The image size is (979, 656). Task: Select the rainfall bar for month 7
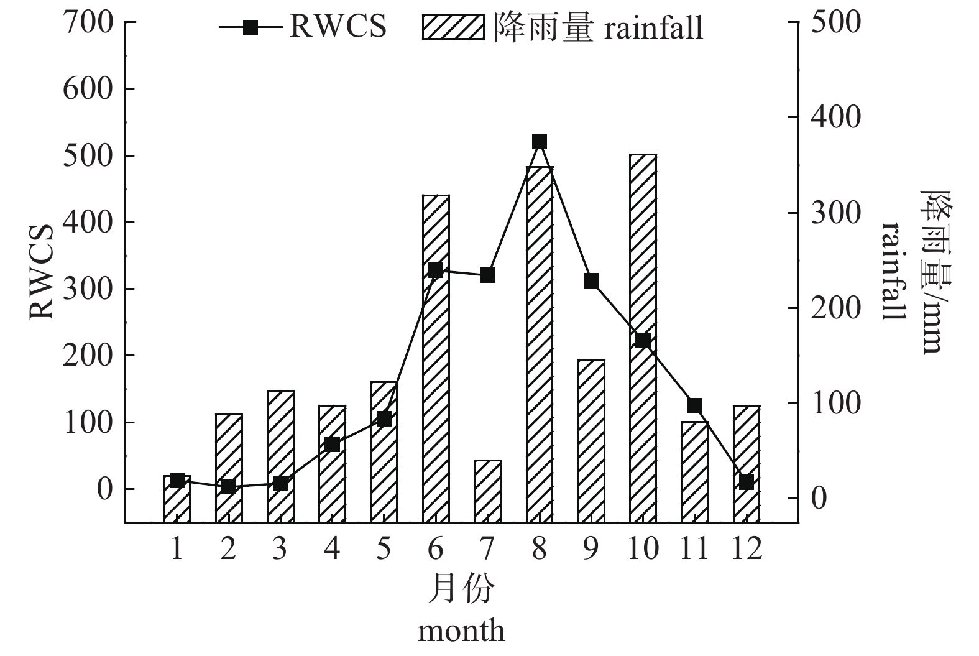(487, 491)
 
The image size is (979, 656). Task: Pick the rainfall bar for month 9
(591, 441)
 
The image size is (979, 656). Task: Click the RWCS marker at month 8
(540, 141)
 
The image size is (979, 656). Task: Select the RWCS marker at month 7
(488, 275)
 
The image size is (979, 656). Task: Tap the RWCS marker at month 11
(695, 405)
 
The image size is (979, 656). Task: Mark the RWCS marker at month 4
(332, 444)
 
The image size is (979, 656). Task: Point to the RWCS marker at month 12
(747, 482)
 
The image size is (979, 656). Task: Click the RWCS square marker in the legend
(250, 27)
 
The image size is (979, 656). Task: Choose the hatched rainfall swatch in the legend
(453, 27)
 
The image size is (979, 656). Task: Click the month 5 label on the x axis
(384, 550)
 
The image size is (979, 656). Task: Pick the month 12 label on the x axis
(747, 550)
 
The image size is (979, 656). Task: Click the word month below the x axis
(461, 632)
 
